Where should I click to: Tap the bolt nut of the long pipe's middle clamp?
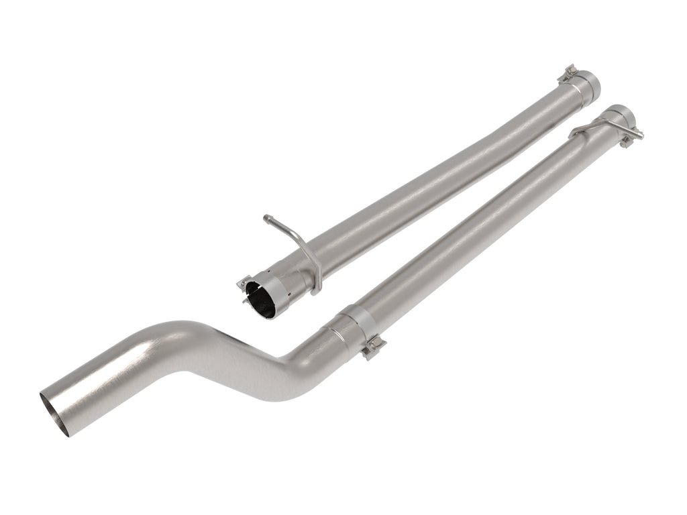[373, 348]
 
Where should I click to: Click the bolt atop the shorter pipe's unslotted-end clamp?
[570, 71]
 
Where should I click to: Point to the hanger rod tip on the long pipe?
[640, 135]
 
